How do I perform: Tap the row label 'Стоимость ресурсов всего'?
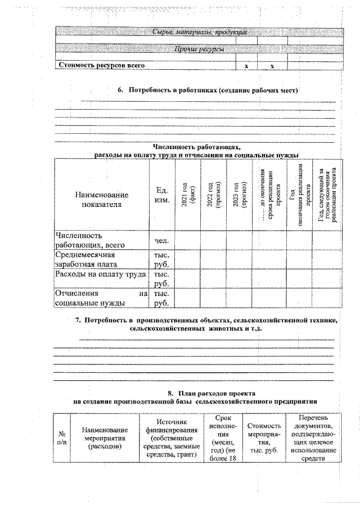[x=99, y=65]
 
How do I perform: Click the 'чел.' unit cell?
[x=161, y=241]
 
